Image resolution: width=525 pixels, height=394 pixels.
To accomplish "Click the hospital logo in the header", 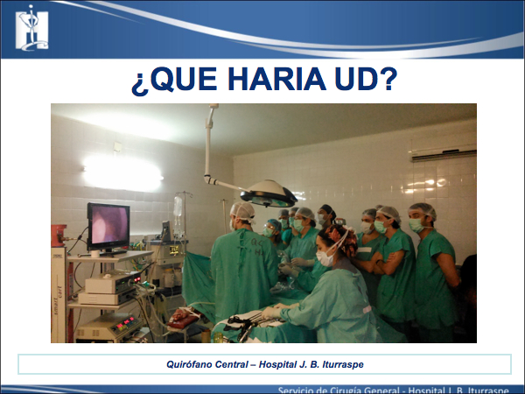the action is (31, 28).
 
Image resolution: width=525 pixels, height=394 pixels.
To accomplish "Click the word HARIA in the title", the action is (276, 80).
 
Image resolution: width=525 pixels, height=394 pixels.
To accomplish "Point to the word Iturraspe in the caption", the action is (343, 364).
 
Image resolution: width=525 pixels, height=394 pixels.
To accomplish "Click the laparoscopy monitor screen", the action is (109, 224).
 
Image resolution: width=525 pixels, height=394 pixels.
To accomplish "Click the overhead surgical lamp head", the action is (269, 194).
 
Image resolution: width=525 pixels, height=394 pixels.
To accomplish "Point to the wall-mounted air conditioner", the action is (444, 151).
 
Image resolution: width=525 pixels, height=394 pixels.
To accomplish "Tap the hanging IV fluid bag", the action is (178, 207).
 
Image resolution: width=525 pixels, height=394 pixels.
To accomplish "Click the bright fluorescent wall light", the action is (122, 174).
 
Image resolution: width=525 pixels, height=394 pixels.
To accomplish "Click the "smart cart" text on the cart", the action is (59, 299).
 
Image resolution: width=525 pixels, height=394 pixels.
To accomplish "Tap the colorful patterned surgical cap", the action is (341, 239).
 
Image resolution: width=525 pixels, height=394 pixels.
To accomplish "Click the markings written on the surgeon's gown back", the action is (257, 247).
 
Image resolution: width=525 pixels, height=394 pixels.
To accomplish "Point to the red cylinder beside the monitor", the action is (59, 236).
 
